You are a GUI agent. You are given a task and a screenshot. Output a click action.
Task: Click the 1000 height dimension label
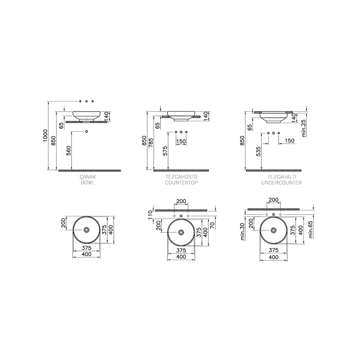pos(45,135)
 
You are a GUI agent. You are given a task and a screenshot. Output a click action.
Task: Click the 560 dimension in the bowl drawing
pos(69,150)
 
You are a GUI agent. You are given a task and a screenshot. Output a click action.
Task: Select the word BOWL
pos(87,183)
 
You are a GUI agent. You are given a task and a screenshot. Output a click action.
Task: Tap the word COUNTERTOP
pos(181,183)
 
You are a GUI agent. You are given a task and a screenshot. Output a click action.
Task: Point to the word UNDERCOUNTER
pos(282,183)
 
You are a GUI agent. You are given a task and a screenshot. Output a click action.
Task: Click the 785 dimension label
pos(150,143)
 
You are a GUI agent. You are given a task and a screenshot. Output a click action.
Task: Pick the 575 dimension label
pos(165,151)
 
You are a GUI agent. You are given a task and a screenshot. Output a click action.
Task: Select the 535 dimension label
pos(258,152)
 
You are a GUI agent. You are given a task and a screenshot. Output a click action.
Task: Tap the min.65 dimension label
pos(311,229)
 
